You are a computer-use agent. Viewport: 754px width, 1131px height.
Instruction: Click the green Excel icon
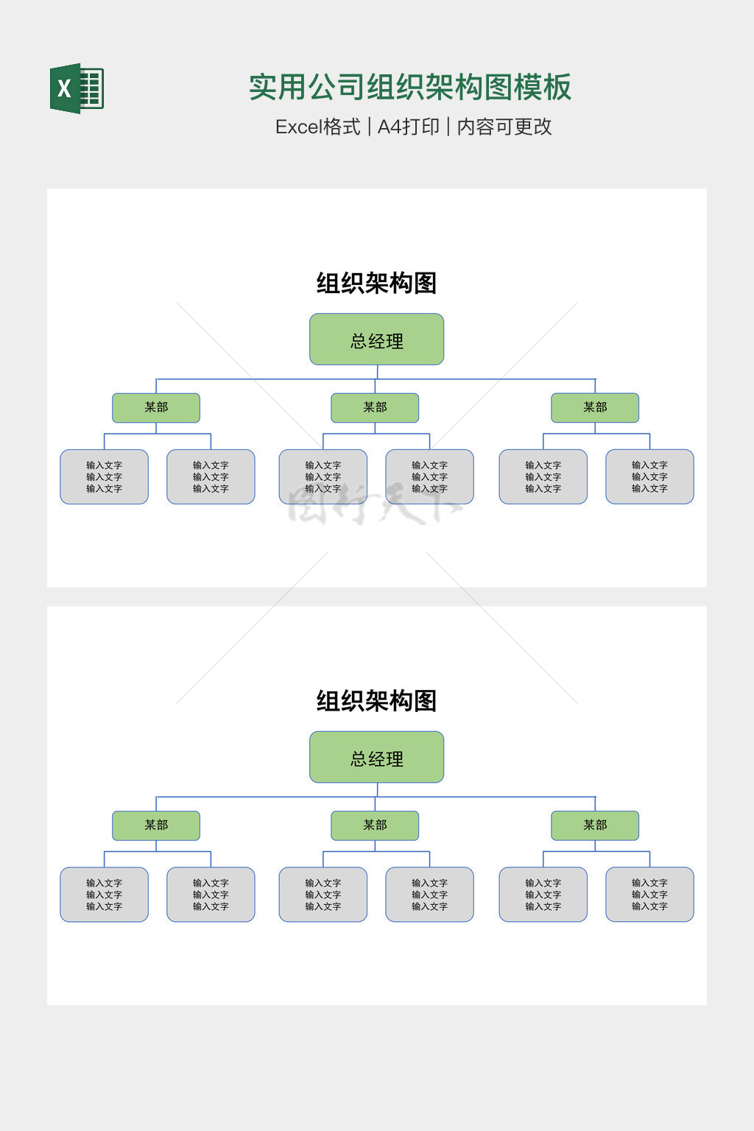point(77,88)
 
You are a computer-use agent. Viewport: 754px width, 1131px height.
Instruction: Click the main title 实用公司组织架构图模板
point(409,87)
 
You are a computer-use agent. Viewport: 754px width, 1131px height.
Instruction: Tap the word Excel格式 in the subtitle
point(317,127)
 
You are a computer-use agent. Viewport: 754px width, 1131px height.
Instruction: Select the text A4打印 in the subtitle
point(408,127)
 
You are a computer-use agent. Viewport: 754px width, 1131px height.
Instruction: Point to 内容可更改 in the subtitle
point(504,127)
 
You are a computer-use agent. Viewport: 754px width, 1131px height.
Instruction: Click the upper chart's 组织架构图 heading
point(376,283)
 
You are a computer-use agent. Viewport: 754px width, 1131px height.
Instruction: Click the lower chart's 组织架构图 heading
point(376,700)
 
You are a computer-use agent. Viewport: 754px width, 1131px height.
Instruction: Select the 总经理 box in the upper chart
point(376,339)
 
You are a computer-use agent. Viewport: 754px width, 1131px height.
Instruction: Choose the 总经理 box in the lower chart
point(376,757)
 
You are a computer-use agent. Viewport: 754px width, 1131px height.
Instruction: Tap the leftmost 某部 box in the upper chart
point(156,408)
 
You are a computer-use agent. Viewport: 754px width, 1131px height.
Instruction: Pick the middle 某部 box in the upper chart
point(375,408)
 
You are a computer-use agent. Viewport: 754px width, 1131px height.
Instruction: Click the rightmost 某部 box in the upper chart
point(595,408)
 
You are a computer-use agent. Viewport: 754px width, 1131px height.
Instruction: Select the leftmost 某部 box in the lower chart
point(156,825)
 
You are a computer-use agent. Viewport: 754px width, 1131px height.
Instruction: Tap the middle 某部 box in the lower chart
point(375,825)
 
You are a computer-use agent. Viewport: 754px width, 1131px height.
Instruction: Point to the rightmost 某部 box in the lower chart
point(595,825)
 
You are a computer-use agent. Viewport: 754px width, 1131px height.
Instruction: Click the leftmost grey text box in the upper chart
point(104,477)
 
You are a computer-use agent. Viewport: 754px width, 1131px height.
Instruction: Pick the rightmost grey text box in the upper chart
point(649,477)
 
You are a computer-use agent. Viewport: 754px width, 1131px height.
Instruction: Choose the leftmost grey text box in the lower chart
point(104,895)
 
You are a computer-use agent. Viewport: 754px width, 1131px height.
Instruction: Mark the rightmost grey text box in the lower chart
point(649,895)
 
